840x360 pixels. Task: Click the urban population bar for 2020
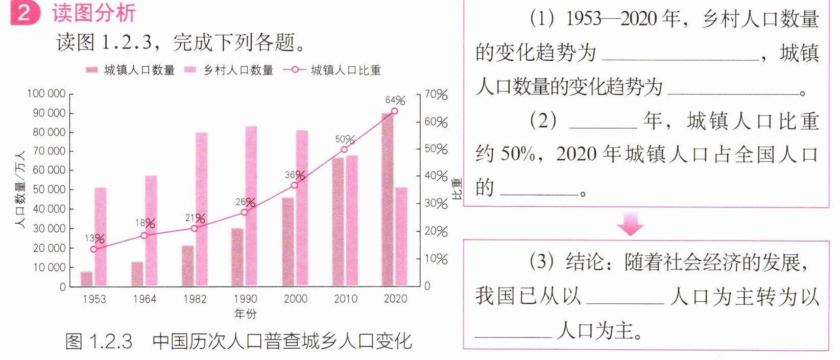pos(388,199)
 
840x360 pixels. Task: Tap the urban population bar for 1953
pos(87,279)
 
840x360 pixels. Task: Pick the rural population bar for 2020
pos(401,236)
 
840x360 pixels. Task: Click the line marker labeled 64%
pos(394,111)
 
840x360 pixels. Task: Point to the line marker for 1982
pos(194,228)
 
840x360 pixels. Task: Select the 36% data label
pos(295,175)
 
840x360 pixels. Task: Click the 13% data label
pos(94,238)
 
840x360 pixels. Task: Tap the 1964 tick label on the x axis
pos(145,299)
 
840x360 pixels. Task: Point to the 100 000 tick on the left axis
pos(46,93)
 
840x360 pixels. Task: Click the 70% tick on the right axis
pos(436,94)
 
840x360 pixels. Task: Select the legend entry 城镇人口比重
pos(332,70)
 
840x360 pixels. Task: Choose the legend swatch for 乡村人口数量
pos(190,70)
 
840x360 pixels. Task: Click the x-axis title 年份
pos(245,314)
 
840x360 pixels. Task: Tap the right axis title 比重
pos(457,189)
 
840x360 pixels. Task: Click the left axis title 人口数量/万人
pos(20,189)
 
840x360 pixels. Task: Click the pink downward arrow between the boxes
pos(630,224)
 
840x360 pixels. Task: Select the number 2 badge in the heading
pos(25,13)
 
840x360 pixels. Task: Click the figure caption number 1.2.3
pos(111,341)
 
